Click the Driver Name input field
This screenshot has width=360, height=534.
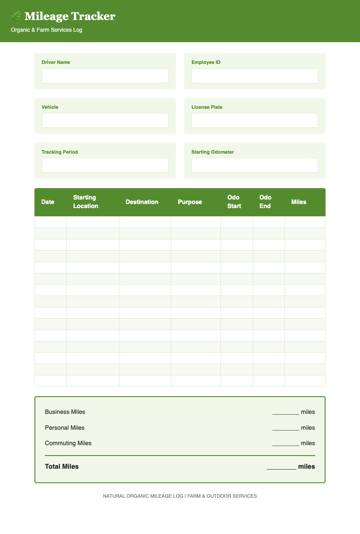pyautogui.click(x=105, y=76)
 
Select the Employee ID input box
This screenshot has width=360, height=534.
pyautogui.click(x=254, y=76)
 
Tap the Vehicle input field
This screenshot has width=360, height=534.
pyautogui.click(x=105, y=120)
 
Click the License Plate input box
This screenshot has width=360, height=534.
pyautogui.click(x=254, y=120)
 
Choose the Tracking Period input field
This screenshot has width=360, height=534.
pyautogui.click(x=105, y=165)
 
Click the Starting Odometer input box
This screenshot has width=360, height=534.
pyautogui.click(x=254, y=165)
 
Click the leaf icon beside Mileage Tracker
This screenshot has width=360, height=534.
pyautogui.click(x=16, y=16)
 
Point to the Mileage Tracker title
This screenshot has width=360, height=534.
pyautogui.click(x=70, y=16)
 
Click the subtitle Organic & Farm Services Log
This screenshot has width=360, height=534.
pyautogui.click(x=46, y=30)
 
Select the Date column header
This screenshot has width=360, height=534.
pyautogui.click(x=48, y=202)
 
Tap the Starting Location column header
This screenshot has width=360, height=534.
pyautogui.click(x=85, y=202)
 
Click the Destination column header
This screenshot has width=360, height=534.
pyautogui.click(x=142, y=202)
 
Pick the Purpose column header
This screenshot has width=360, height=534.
pyautogui.click(x=190, y=202)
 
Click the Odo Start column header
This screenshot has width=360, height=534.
pyautogui.click(x=234, y=202)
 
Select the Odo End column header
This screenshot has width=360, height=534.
pyautogui.click(x=265, y=202)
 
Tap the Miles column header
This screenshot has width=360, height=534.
pyautogui.click(x=299, y=202)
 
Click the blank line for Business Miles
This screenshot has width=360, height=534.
pyautogui.click(x=286, y=413)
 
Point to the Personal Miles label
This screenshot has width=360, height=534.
pyautogui.click(x=64, y=427)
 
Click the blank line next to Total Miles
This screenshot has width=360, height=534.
pyautogui.click(x=281, y=467)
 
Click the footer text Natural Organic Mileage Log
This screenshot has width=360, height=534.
pyautogui.click(x=143, y=496)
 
